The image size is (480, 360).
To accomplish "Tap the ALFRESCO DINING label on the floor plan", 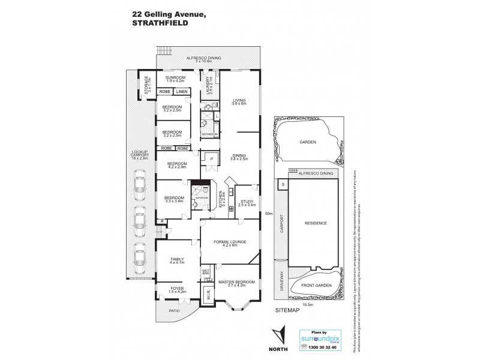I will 203,58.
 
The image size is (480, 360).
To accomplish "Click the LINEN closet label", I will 182,91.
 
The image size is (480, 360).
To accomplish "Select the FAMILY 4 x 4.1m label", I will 178,260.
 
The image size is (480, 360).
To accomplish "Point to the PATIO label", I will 174,310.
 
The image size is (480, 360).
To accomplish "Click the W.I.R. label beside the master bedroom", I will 208,295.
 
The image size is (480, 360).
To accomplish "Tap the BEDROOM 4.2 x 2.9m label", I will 177,166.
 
